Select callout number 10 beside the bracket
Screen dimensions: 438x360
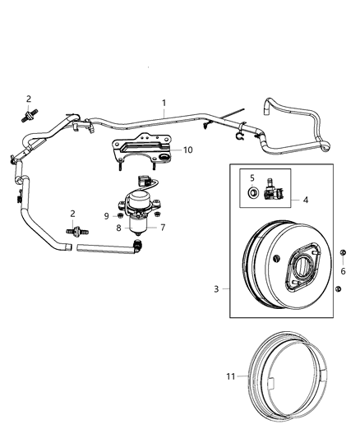tap(187, 150)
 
